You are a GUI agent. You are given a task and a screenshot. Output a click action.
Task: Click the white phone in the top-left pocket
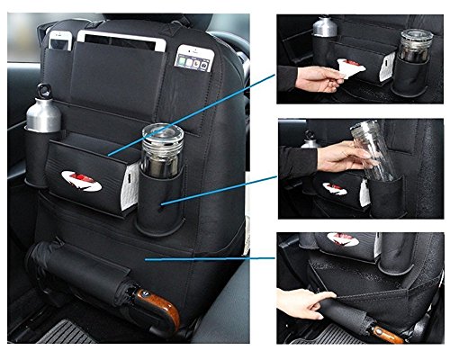tap(61, 40)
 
